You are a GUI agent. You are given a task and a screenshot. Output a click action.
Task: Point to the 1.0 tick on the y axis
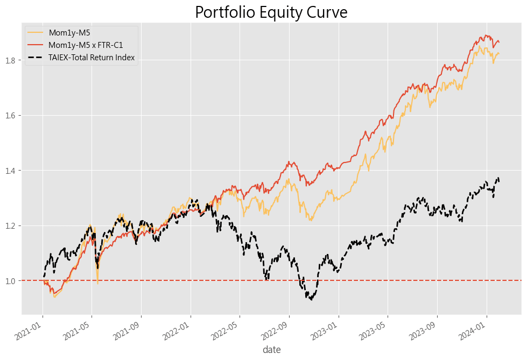tap(12, 280)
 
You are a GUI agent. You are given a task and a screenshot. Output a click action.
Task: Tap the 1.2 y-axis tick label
tap(12, 225)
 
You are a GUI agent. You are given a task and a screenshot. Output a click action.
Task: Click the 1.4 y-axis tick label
tap(12, 171)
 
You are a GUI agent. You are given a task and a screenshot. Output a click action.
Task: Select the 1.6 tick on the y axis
tap(12, 115)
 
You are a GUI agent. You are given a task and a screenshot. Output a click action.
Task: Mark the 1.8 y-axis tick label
tap(12, 60)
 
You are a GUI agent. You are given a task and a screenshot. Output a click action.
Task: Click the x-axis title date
tap(271, 350)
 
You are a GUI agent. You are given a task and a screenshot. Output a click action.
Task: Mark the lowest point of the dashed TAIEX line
tap(311, 299)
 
